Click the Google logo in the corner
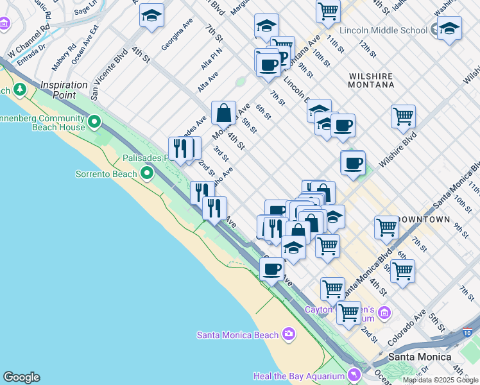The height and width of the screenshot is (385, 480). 21,377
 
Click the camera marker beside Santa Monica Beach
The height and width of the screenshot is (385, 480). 288,334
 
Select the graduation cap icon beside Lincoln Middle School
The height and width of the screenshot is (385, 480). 449,28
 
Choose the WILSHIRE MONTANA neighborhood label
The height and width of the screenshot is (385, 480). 371,80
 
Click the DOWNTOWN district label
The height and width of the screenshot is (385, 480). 424,219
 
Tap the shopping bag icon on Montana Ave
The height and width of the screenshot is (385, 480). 223,113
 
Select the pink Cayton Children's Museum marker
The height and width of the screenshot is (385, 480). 384,312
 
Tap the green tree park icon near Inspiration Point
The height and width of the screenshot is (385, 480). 20,89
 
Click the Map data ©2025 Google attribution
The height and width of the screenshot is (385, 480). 441,380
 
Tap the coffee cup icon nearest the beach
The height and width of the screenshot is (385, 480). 272,268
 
